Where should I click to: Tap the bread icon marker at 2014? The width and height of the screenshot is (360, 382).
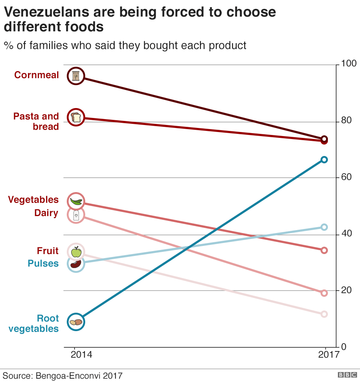76,118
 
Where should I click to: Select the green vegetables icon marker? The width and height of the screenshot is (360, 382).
76,201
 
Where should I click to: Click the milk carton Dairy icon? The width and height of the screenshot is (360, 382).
76,215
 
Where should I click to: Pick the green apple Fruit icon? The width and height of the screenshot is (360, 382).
76,252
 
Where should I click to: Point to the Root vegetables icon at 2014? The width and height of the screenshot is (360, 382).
76,322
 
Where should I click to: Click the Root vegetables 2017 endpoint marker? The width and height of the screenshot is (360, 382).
324,160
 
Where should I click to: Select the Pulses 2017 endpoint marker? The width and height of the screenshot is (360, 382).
324,227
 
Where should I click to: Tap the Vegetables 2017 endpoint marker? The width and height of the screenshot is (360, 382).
324,250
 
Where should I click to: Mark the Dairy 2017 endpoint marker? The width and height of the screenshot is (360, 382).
324,293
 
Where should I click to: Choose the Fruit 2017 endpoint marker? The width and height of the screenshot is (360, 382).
324,314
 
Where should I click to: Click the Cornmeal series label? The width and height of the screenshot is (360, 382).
37,75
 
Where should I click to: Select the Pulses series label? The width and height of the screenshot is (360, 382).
43,264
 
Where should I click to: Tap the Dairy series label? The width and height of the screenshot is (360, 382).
46,213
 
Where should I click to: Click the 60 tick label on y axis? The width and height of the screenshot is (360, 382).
346,178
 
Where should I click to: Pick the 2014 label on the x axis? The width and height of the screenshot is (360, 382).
82,355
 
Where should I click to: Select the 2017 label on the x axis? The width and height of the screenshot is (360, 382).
328,355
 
